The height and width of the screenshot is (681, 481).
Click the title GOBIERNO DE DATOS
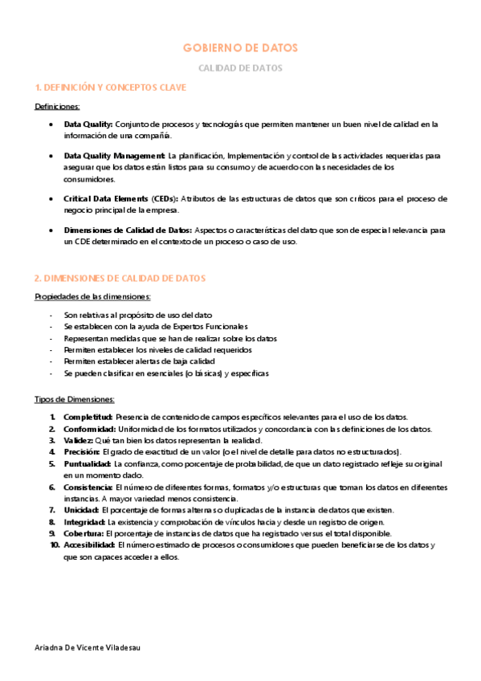tap(240, 48)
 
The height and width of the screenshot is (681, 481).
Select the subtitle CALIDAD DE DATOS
tap(240, 68)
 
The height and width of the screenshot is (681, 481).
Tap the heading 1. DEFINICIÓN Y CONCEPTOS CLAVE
tap(111, 87)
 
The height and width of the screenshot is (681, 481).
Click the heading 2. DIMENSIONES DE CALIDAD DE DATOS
tap(120, 278)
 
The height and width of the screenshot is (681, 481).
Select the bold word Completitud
tap(88, 417)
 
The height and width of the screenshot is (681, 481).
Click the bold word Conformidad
tap(89, 429)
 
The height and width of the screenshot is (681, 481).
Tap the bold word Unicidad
tap(81, 510)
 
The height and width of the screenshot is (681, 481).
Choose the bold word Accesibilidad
tap(91, 544)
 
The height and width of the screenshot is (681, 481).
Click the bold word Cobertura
tap(84, 533)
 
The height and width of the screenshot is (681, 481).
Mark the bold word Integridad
tap(84, 521)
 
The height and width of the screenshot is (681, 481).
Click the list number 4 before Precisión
tap(52, 452)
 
